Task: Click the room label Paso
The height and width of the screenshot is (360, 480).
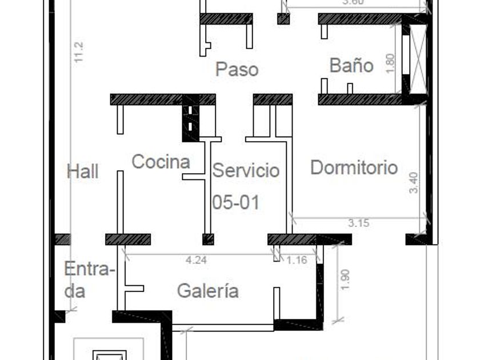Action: tap(237, 70)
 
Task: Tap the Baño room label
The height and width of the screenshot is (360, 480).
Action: tap(351, 65)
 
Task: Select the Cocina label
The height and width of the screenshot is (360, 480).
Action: tap(161, 162)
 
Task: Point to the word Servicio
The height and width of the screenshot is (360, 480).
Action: tap(246, 170)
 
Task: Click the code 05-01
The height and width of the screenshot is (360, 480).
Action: tap(235, 202)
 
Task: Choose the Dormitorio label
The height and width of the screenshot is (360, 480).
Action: tap(354, 167)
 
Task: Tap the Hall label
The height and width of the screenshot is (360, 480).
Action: tap(83, 171)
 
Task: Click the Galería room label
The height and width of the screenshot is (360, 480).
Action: tap(208, 291)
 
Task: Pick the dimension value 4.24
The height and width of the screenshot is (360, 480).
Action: tap(197, 260)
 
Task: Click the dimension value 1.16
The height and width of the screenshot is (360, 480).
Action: tap(297, 260)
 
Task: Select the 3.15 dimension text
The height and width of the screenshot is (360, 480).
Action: tap(358, 223)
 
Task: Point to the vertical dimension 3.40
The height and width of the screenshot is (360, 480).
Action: tap(414, 183)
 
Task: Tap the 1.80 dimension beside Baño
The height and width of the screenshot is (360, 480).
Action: tap(390, 63)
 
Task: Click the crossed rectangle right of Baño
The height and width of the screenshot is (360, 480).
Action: tap(418, 59)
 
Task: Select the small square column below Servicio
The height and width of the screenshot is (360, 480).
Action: tap(208, 239)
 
